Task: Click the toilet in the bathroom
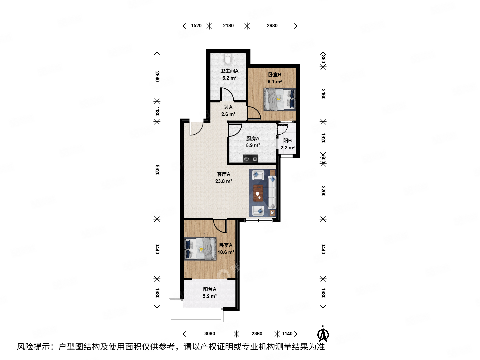[228, 59]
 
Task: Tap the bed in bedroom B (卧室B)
[279, 99]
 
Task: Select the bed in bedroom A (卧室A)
[200, 249]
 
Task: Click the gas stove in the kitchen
[251, 159]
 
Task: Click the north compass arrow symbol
[323, 334]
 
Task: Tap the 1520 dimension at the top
[196, 26]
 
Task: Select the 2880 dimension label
[272, 26]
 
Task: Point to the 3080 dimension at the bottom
[210, 334]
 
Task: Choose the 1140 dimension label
[287, 334]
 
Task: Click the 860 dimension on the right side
[323, 59]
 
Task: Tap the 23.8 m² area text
[223, 181]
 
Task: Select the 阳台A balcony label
[210, 289]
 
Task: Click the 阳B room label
[287, 141]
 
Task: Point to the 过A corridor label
[228, 107]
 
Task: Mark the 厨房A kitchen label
[253, 139]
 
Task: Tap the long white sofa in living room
[272, 193]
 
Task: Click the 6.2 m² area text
[229, 78]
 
